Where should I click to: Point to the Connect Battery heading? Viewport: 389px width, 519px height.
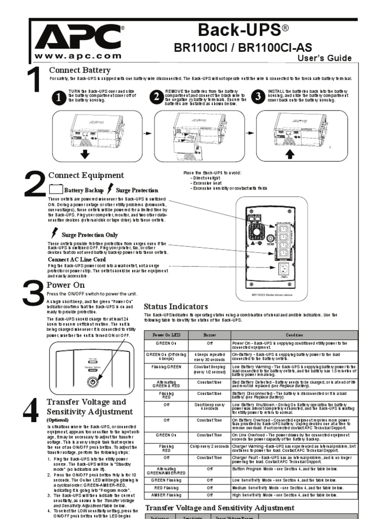click(x=80, y=70)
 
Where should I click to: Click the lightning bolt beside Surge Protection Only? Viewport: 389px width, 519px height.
click(x=55, y=234)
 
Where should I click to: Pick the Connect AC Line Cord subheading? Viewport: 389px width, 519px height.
click(x=79, y=259)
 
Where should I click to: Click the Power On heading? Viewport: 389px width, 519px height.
click(x=65, y=285)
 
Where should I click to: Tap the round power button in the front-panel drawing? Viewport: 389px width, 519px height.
click(x=93, y=382)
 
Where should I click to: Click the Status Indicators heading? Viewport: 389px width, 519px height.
click(x=176, y=307)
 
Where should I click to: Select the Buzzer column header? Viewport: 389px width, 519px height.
click(x=209, y=335)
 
